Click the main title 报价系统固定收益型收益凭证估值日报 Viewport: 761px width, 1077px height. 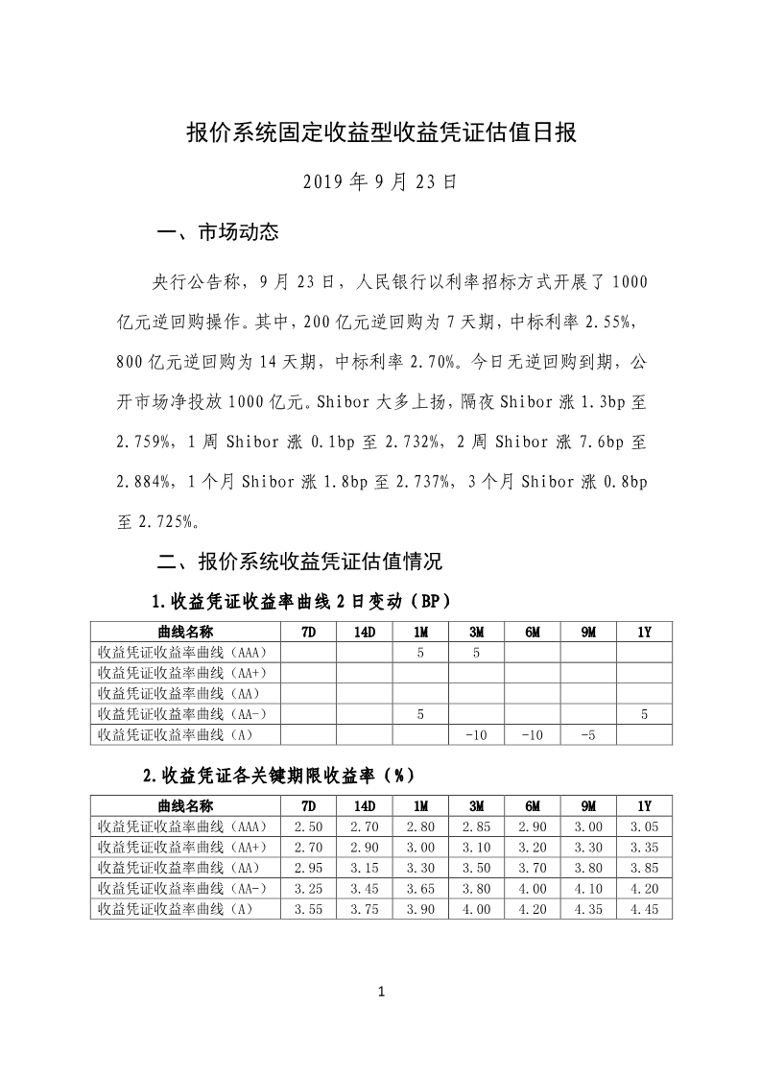click(380, 132)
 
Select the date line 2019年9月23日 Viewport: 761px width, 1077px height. click(380, 180)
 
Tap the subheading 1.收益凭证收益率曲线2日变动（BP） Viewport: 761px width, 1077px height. click(300, 602)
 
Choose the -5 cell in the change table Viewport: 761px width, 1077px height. click(588, 734)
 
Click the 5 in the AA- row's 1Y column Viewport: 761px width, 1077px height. click(644, 714)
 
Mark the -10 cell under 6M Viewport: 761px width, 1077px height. click(533, 734)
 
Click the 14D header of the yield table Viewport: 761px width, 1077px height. click(365, 805)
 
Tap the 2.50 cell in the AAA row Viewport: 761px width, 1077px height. click(308, 826)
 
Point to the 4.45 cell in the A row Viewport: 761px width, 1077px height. click(644, 909)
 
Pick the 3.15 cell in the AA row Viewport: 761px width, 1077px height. click(365, 868)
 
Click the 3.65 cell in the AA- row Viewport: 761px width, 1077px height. click(420, 888)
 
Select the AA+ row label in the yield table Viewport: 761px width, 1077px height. click(182, 847)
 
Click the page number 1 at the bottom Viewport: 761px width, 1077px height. click(381, 992)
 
